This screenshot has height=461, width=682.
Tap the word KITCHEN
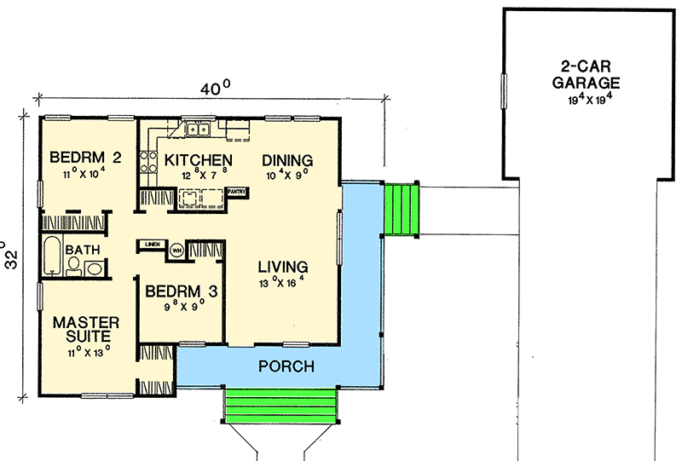click(198, 160)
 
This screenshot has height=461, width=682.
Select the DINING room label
click(287, 160)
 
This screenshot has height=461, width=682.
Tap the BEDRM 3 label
click(181, 291)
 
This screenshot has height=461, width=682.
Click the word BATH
click(83, 250)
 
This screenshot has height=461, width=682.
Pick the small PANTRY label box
click(237, 192)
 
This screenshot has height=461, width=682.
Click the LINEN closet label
click(153, 245)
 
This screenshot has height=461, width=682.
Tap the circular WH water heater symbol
click(176, 250)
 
